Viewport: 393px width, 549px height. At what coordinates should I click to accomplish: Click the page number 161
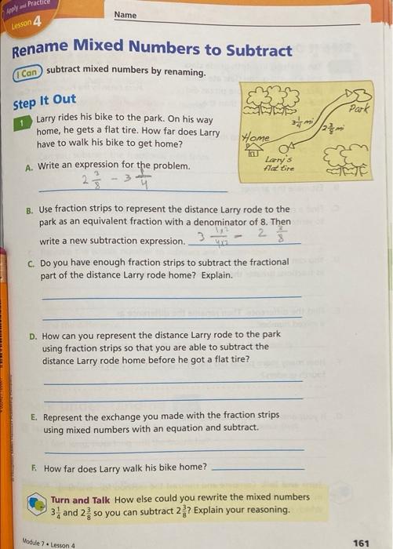pyautogui.click(x=361, y=542)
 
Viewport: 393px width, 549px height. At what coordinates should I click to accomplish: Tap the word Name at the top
pyautogui.click(x=125, y=15)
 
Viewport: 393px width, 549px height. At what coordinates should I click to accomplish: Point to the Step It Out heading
pyautogui.click(x=45, y=100)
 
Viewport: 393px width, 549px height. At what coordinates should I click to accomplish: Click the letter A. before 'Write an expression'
pyautogui.click(x=29, y=166)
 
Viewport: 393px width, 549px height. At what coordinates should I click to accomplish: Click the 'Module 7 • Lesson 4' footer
pyautogui.click(x=49, y=544)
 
